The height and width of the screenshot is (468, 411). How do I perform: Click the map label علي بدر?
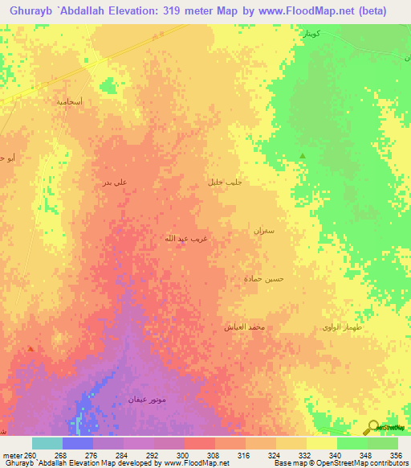[115, 183]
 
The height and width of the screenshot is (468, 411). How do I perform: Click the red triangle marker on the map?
[31, 349]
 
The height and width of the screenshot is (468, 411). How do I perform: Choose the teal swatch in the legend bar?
[47, 443]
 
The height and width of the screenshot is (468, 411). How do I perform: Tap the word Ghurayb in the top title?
[33, 11]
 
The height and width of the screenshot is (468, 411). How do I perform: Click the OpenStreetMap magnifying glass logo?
[372, 427]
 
